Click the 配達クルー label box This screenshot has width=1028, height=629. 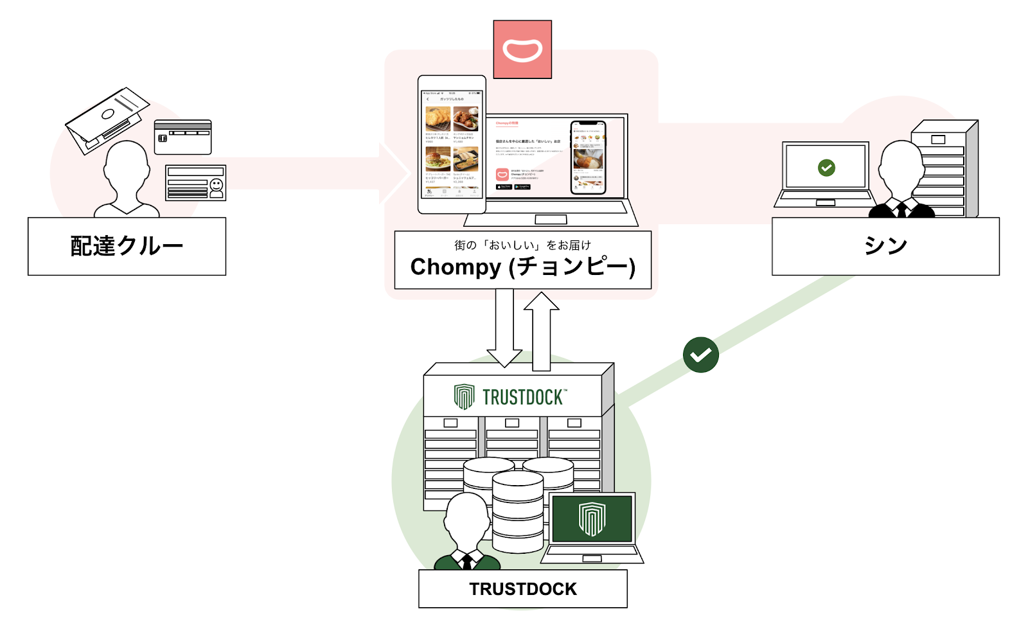tap(127, 246)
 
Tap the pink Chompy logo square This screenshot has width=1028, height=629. tap(522, 49)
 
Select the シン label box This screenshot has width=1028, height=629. tap(885, 246)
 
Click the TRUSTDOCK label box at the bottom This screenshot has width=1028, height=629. tap(522, 589)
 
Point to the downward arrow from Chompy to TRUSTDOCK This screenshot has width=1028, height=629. tap(504, 328)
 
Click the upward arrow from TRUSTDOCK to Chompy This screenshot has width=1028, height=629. tap(542, 331)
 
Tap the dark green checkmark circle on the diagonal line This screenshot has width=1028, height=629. tap(700, 355)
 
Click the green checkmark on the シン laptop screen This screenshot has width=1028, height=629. tap(826, 168)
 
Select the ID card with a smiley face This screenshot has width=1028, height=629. tap(195, 183)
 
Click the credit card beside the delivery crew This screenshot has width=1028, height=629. tap(182, 137)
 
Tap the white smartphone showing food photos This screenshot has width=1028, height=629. tap(452, 145)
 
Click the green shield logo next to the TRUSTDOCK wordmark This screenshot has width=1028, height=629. tap(464, 397)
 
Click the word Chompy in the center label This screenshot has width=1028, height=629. tap(456, 267)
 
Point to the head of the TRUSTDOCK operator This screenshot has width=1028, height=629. tap(467, 518)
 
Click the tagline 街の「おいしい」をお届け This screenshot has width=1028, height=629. tap(522, 245)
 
